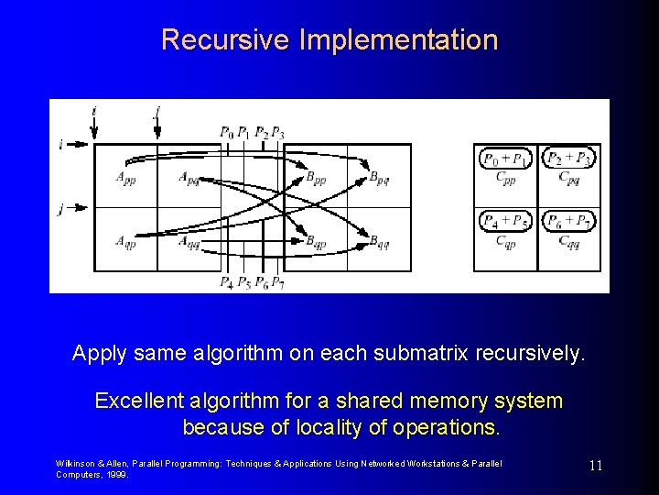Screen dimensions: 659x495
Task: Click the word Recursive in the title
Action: tap(205, 40)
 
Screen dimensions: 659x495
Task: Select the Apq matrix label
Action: tap(189, 177)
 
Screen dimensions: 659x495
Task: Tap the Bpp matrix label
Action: tap(316, 177)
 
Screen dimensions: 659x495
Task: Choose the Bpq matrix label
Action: tap(379, 177)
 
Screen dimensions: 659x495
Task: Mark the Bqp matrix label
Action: tap(316, 242)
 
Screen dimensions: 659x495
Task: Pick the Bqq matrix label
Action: tap(379, 242)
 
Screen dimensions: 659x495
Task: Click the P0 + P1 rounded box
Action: tap(505, 159)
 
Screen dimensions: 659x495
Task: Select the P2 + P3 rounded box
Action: tap(567, 159)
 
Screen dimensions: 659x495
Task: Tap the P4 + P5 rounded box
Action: tap(505, 221)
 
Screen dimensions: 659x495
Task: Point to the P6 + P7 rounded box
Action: tap(567, 221)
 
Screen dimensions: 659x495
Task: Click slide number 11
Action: tap(595, 466)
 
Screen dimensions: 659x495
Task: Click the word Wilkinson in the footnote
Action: tap(76, 464)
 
